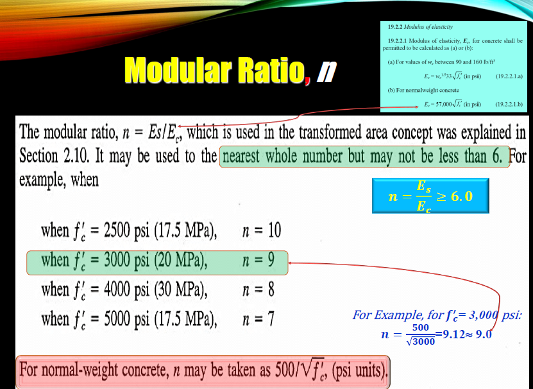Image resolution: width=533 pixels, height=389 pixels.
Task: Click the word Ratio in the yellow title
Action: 269,71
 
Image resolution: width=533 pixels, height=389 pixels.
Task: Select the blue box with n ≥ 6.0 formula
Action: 431,196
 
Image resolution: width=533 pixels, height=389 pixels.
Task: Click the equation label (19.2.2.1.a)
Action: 509,76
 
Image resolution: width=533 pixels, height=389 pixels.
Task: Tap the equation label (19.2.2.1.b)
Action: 509,104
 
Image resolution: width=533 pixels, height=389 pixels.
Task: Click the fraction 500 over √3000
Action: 421,334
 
